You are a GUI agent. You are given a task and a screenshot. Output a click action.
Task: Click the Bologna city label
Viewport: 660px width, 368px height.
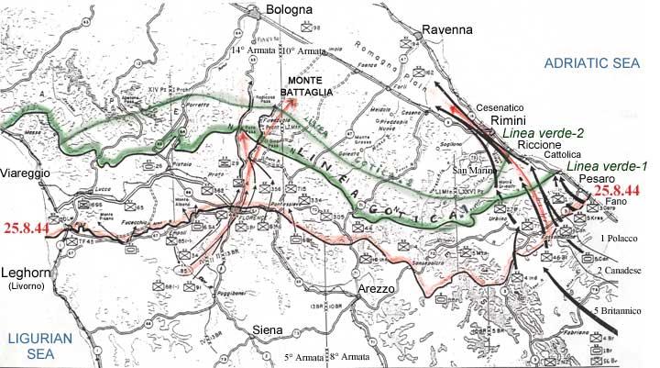point(291,10)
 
